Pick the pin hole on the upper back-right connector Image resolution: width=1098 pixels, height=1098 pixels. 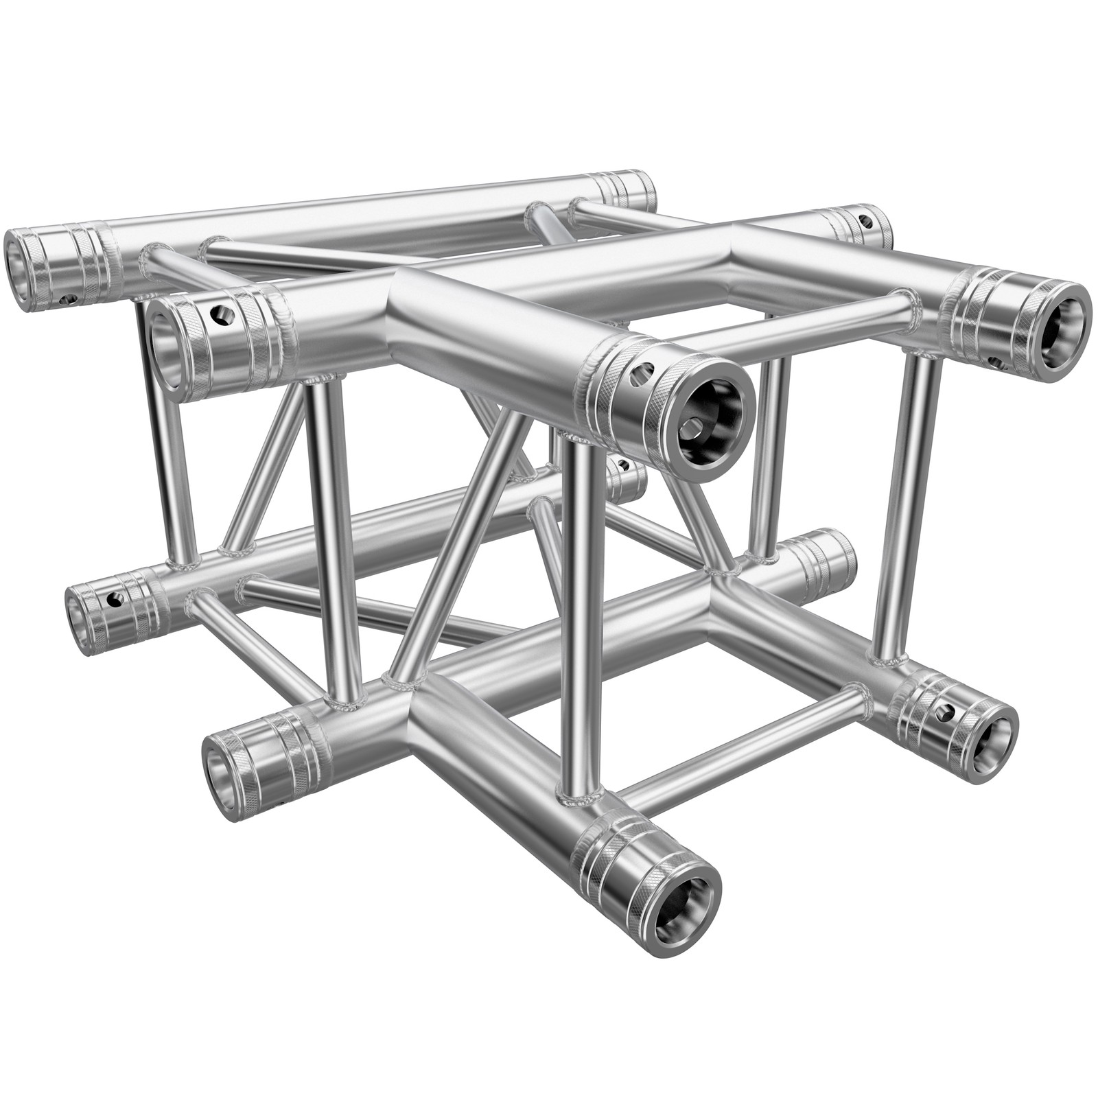coord(867,222)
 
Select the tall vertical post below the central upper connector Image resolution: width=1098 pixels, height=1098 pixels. coord(580,618)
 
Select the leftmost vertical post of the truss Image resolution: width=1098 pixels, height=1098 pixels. coord(165,446)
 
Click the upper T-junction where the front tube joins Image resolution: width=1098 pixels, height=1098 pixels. coord(439,302)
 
